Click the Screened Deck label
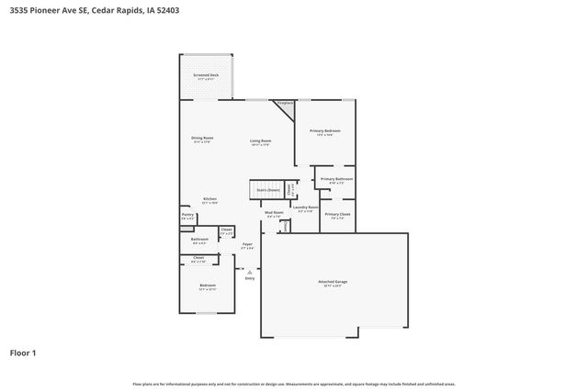point(206,75)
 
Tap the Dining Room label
point(203,138)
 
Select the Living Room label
point(261,140)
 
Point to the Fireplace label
point(286,104)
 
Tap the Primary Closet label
point(338,214)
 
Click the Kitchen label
point(209,199)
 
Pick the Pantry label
point(187,215)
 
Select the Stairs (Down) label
point(268,189)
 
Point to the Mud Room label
point(274,212)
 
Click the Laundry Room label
point(306,207)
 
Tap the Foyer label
point(247,244)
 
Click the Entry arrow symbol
point(249,270)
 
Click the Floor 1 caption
point(22,352)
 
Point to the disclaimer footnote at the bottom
point(293,384)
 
